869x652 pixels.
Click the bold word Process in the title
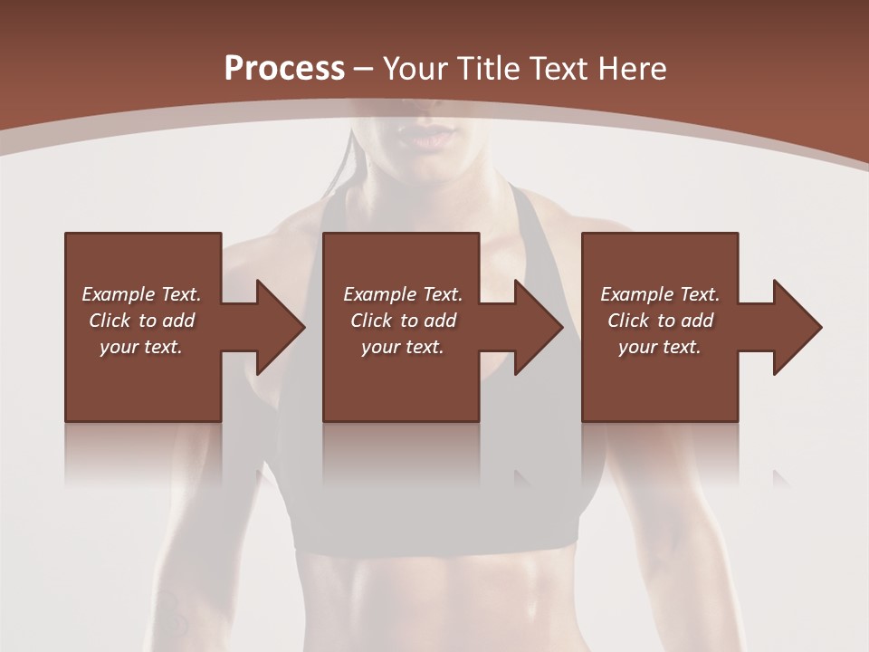pyautogui.click(x=284, y=69)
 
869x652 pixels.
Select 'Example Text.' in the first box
pyautogui.click(x=141, y=294)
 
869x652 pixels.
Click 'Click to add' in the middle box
pyautogui.click(x=403, y=321)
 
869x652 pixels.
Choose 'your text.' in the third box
pyautogui.click(x=660, y=347)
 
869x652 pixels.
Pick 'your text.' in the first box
pyautogui.click(x=141, y=347)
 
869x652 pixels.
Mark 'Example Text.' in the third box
pyautogui.click(x=660, y=294)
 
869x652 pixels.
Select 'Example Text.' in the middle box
pyautogui.click(x=403, y=294)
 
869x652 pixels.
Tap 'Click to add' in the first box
pyautogui.click(x=141, y=321)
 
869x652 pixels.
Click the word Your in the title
pyautogui.click(x=415, y=69)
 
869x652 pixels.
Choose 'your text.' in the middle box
pyautogui.click(x=403, y=347)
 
